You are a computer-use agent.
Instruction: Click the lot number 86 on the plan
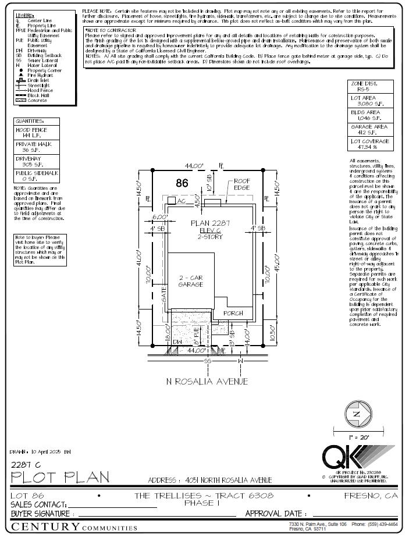pos(182,183)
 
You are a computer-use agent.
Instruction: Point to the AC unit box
pos(172,200)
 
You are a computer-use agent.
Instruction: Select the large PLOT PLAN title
pos(60,478)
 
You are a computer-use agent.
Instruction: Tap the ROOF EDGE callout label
pos(241,185)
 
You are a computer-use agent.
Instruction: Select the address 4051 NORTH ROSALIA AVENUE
pos(210,480)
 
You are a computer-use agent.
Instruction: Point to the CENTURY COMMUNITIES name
pos(74,527)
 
